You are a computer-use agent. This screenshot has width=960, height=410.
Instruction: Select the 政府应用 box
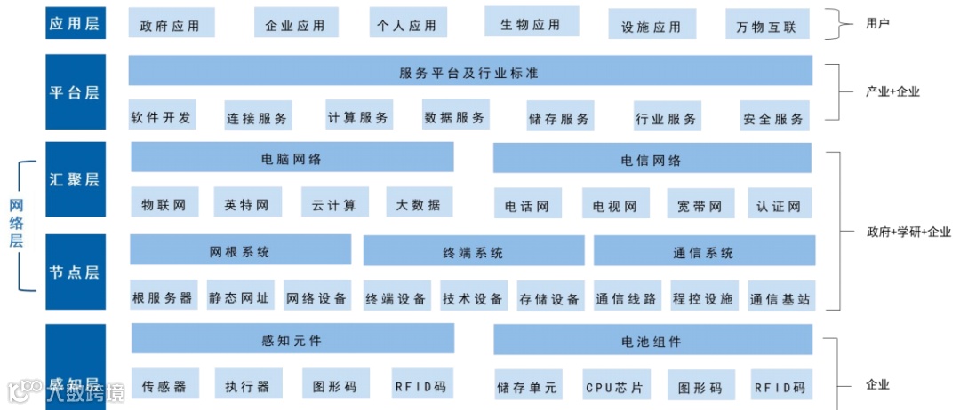point(170,25)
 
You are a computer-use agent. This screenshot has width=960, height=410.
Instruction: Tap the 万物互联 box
point(766,27)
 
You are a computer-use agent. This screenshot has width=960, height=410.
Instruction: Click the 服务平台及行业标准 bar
point(469,72)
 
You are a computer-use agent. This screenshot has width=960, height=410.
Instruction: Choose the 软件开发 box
point(161,117)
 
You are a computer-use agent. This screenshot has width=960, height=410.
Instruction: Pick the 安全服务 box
point(773,118)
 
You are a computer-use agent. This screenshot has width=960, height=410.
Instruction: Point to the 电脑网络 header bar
point(292,159)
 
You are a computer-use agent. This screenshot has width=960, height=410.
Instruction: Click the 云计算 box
point(334,205)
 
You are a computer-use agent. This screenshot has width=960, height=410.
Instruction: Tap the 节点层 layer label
point(76,272)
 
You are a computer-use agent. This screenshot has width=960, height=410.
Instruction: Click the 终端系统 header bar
point(473,252)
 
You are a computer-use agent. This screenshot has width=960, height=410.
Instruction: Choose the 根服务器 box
point(163,298)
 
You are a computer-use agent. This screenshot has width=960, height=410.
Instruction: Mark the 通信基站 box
point(780,299)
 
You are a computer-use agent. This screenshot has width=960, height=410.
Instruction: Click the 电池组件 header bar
point(652,341)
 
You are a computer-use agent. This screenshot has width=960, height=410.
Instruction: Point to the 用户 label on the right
point(877,23)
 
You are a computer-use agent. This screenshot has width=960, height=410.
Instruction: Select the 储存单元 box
point(527,387)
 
